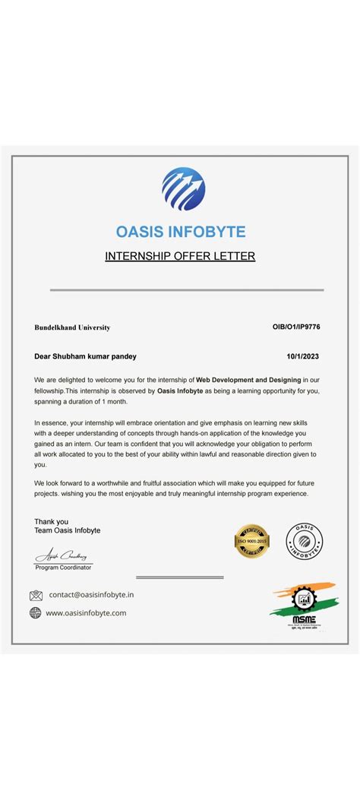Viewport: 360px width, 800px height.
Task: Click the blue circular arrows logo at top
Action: tap(183, 189)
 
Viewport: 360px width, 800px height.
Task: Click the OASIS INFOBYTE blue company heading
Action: tap(181, 231)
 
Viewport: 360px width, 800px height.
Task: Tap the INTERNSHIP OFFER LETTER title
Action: tap(180, 256)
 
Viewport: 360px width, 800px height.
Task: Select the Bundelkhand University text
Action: tap(72, 327)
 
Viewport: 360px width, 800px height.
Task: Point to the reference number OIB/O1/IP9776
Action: tap(296, 327)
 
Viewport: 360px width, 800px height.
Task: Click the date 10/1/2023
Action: tap(303, 356)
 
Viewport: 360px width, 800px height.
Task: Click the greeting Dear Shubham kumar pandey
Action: tap(86, 356)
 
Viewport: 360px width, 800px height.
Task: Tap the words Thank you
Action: tap(51, 521)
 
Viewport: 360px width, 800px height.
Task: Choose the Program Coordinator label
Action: tap(63, 568)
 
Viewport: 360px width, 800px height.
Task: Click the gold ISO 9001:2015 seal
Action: tap(251, 541)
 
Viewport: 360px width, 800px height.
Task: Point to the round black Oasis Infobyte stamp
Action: tap(304, 541)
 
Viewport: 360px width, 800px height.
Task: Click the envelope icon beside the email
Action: tap(36, 595)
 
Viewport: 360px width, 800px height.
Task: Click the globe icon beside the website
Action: tap(36, 612)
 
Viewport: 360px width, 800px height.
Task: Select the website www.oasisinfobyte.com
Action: tap(86, 612)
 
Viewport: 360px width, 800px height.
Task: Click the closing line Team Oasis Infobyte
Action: tap(67, 530)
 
